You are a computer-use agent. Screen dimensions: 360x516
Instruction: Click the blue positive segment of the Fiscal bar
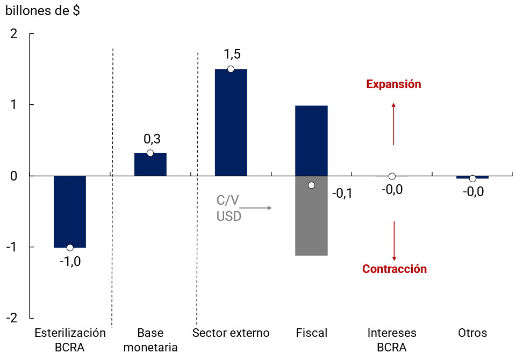tap(311, 140)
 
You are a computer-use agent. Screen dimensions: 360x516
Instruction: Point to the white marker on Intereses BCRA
tap(392, 176)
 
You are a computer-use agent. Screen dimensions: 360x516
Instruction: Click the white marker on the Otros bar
tap(472, 178)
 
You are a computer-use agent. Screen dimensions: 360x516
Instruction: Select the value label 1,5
tap(232, 54)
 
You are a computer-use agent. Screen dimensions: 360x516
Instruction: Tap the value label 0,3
tap(152, 139)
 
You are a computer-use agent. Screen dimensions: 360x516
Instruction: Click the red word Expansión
tap(393, 84)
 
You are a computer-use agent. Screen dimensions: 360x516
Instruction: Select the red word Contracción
tap(395, 269)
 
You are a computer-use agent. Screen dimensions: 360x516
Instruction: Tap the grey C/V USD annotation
tap(229, 208)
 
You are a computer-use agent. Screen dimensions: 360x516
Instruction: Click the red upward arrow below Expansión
tap(393, 124)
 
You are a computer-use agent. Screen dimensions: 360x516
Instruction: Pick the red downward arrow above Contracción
tap(394, 241)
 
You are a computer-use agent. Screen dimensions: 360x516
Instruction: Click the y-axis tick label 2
tap(14, 33)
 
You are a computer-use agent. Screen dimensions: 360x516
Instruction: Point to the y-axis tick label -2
tap(12, 318)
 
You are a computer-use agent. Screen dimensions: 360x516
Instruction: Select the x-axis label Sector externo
tap(231, 333)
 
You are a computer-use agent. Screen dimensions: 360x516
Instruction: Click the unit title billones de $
tap(42, 11)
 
